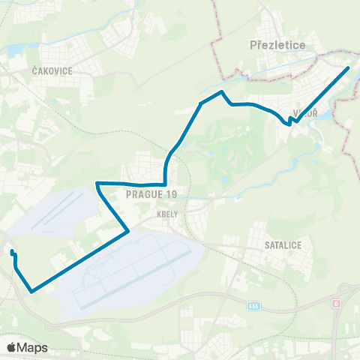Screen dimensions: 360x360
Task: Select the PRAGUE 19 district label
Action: point(151,194)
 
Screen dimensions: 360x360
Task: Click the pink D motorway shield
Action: point(336,303)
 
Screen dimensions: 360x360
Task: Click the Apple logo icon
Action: point(12,347)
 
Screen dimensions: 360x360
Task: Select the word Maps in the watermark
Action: point(33,347)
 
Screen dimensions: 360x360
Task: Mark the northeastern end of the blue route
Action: point(348,68)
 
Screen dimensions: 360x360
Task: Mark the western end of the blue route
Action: point(12,252)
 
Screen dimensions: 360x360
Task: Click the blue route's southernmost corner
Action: point(31,291)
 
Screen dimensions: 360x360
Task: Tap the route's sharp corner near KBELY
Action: point(129,231)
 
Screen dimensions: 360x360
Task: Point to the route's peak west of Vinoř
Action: point(221,92)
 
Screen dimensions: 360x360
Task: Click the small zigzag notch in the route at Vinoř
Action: point(290,121)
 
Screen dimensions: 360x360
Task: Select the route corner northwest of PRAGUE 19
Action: point(97,183)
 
